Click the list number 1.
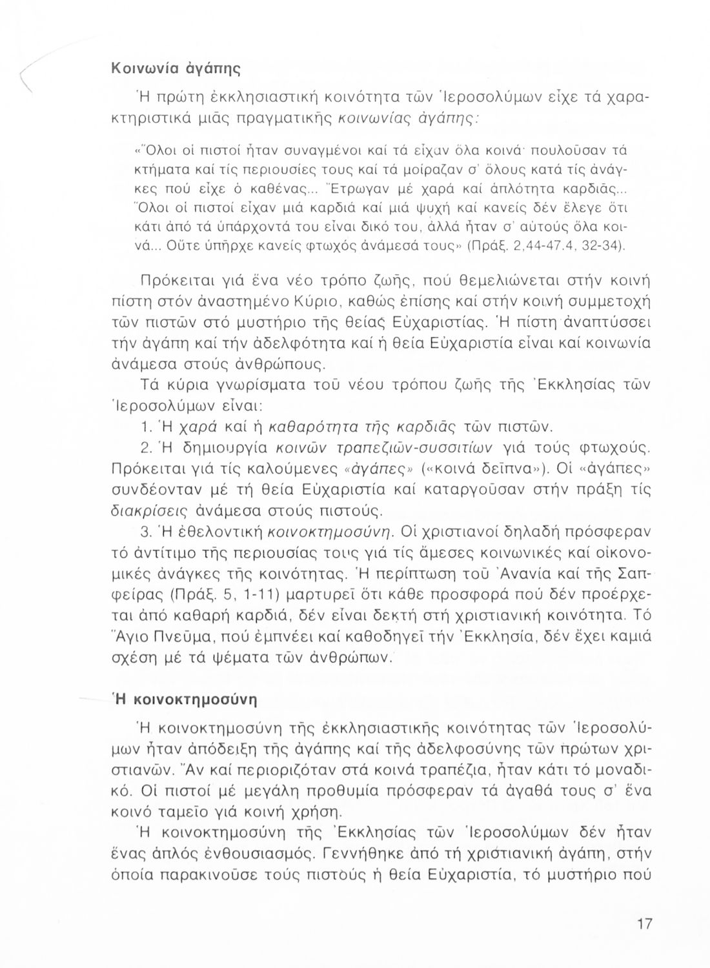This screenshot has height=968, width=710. (145, 427)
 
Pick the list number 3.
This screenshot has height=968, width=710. (145, 532)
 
